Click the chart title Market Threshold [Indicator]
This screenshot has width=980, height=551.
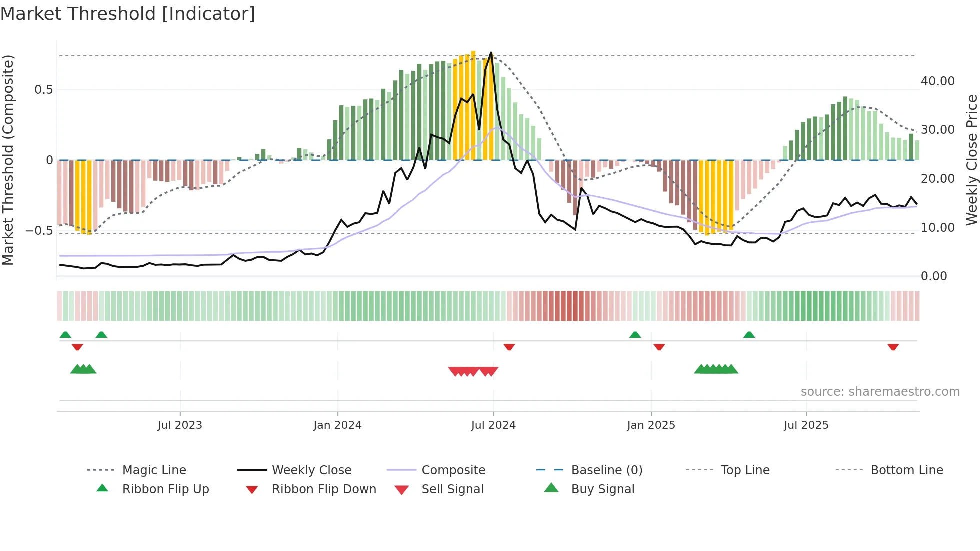click(128, 14)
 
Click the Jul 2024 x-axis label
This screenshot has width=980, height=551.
click(493, 425)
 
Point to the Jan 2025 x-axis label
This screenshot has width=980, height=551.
click(651, 425)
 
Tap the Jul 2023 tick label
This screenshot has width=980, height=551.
click(180, 425)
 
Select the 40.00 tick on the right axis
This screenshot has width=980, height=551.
click(937, 81)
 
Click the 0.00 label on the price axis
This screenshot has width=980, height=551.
click(933, 276)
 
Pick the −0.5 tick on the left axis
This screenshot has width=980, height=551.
click(39, 231)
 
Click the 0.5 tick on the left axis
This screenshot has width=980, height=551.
click(43, 90)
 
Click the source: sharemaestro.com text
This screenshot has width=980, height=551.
click(880, 392)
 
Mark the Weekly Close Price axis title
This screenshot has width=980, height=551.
click(971, 160)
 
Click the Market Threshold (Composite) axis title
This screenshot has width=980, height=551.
click(8, 160)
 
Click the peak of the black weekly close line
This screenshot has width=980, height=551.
click(491, 52)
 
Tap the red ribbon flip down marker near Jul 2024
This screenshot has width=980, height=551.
click(509, 347)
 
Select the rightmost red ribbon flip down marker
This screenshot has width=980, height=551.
click(893, 347)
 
